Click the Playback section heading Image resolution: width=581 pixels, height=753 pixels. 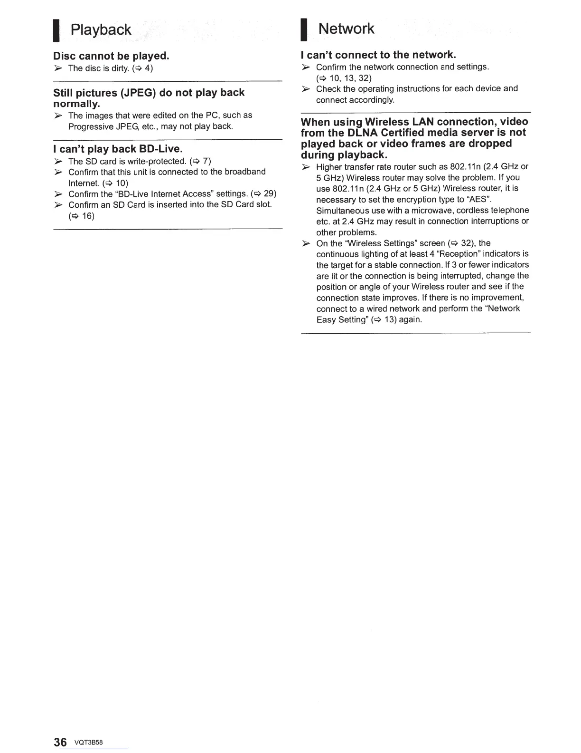[x=101, y=30]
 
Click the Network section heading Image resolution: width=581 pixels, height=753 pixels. [x=347, y=29]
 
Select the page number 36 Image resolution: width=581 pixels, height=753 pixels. [x=60, y=743]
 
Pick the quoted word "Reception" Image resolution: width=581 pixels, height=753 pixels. [x=464, y=254]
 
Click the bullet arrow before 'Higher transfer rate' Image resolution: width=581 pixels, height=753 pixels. [x=306, y=167]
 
